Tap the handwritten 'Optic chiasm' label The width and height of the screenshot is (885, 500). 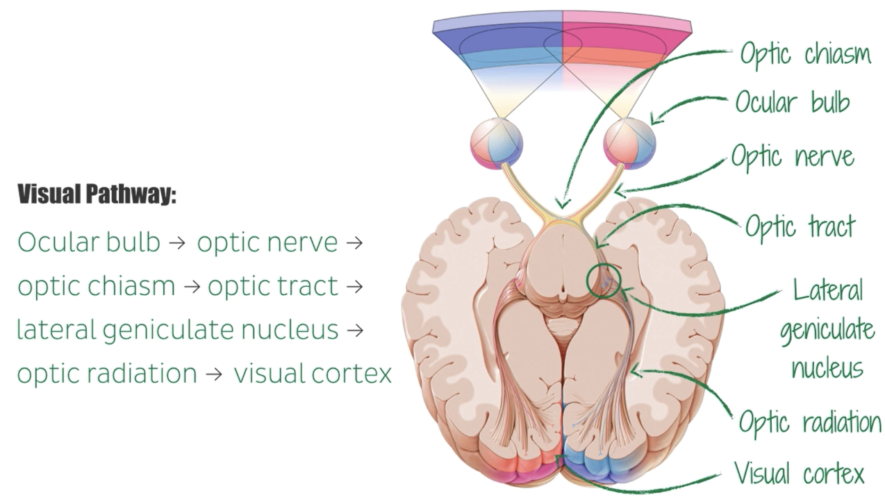click(804, 54)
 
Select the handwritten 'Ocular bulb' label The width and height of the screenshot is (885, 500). click(792, 102)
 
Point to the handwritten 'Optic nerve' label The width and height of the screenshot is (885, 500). click(792, 157)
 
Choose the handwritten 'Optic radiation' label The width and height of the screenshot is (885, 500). click(809, 422)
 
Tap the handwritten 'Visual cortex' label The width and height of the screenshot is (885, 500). click(799, 474)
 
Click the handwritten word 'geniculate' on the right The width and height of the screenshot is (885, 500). click(827, 328)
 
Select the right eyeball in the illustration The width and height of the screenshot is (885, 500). click(629, 144)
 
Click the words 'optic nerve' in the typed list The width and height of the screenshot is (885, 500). click(267, 242)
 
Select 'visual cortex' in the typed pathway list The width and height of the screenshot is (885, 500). click(313, 374)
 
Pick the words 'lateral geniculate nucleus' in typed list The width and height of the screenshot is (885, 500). click(178, 330)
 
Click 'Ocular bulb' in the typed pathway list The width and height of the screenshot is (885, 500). click(89, 242)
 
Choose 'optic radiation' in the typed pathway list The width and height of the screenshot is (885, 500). click(107, 374)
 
